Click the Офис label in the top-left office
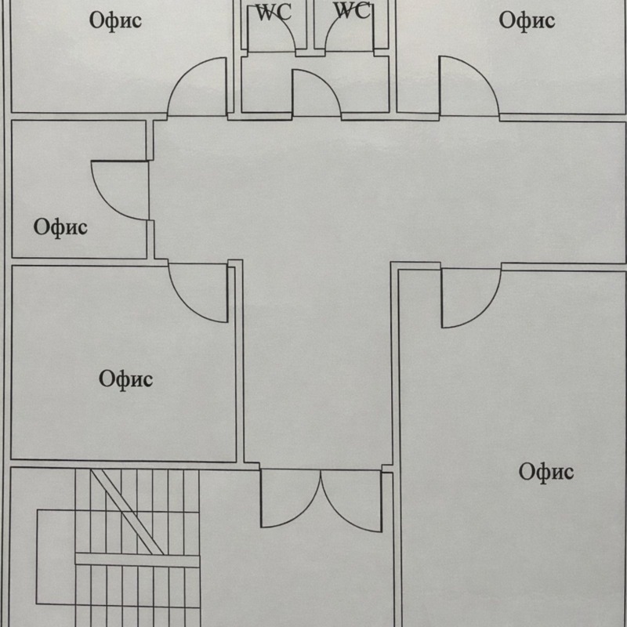coord(115,20)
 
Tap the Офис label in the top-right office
coord(527,20)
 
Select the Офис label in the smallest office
coord(60,227)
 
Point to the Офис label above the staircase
coord(125,379)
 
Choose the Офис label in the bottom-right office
coord(546,471)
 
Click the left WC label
coord(274,13)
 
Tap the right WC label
coord(351,11)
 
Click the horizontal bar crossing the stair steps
coord(137,560)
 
